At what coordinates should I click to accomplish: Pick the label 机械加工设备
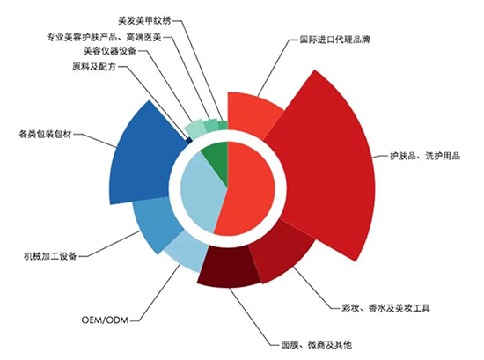[x=51, y=256]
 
